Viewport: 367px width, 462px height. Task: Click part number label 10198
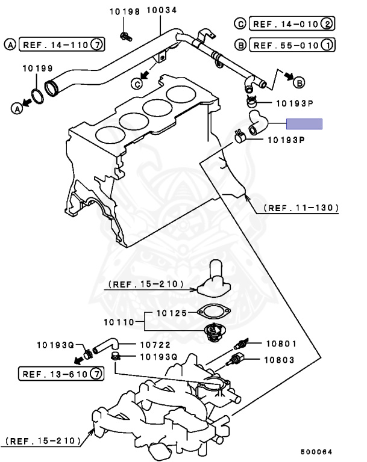pyautogui.click(x=125, y=11)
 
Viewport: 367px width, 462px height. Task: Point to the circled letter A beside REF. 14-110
pyautogui.click(x=11, y=44)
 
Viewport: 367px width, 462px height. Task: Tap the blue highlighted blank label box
pyautogui.click(x=304, y=124)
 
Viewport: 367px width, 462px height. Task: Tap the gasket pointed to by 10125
pyautogui.click(x=215, y=312)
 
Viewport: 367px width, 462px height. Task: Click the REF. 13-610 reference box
pyautogui.click(x=60, y=374)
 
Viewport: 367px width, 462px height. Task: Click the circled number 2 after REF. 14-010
pyautogui.click(x=327, y=24)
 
